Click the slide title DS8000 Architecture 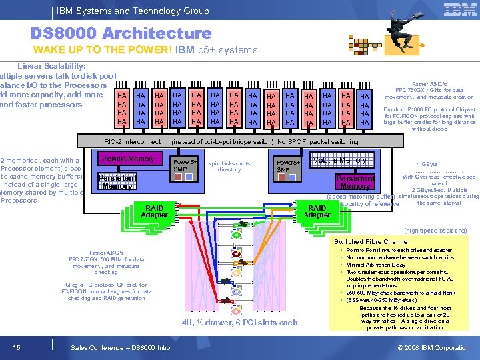(x=121, y=33)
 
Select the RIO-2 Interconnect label (x=132, y=142)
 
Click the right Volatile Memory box (x=340, y=160)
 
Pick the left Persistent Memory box (x=117, y=181)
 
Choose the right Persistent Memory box (x=355, y=183)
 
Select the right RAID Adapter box (x=317, y=211)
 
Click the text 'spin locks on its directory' (x=229, y=166)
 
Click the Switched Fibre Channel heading (x=372, y=241)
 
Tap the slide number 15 (x=16, y=347)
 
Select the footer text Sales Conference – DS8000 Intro (x=120, y=348)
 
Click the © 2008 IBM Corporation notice (x=433, y=348)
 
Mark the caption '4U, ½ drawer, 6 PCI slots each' (x=240, y=323)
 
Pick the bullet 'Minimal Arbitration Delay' (x=375, y=265)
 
